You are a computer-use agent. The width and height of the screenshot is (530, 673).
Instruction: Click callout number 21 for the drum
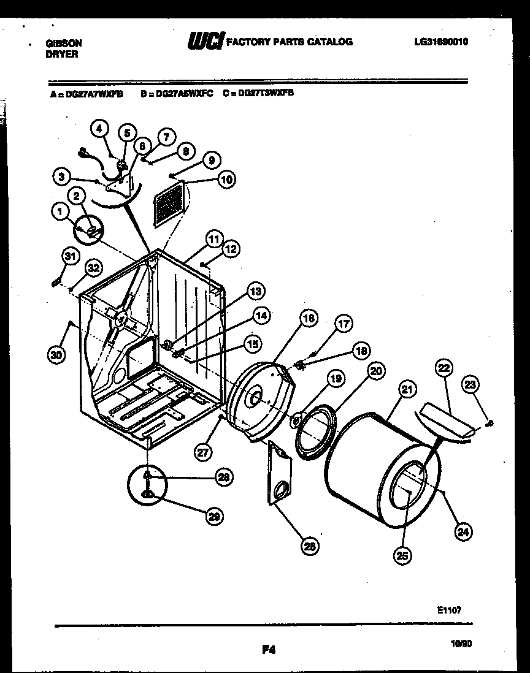[405, 387]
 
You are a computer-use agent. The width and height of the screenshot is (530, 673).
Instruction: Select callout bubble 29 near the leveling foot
[213, 516]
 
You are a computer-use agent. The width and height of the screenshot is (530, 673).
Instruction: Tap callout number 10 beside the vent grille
[226, 179]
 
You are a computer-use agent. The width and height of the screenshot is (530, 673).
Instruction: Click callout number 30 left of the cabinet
[56, 356]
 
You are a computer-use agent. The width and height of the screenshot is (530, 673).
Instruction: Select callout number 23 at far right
[470, 386]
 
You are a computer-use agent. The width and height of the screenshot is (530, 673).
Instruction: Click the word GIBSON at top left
[64, 44]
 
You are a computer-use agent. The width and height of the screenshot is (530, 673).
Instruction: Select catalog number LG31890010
[441, 42]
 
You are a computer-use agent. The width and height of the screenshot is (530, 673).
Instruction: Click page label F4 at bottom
[268, 651]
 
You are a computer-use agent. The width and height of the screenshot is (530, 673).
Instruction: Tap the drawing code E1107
[448, 610]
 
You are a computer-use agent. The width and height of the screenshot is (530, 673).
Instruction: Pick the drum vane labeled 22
[445, 423]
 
